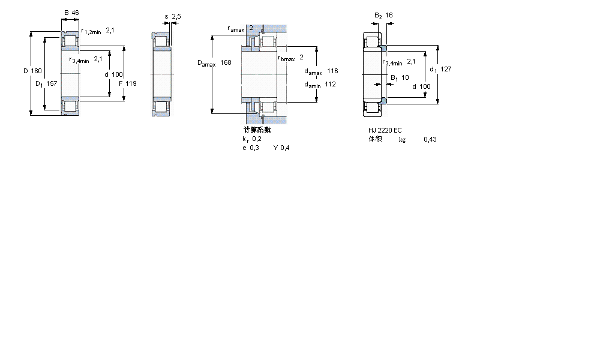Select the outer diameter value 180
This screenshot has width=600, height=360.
(x=37, y=71)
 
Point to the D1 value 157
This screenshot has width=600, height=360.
(x=52, y=83)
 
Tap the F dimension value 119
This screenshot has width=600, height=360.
(x=131, y=83)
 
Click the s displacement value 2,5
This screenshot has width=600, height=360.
(x=176, y=16)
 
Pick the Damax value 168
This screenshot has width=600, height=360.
(x=226, y=62)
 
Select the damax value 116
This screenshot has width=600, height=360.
(x=332, y=71)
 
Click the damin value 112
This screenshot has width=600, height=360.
(x=330, y=85)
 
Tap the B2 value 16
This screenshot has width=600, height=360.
(x=389, y=16)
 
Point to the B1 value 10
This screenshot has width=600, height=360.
(x=405, y=77)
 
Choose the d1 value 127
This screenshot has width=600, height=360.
(x=445, y=69)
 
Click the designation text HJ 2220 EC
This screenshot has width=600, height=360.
(x=385, y=130)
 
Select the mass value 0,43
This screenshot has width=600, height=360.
(x=430, y=139)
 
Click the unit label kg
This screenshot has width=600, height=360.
(x=402, y=139)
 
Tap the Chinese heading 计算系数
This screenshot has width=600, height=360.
(x=257, y=130)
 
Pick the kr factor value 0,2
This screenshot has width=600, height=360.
(x=257, y=139)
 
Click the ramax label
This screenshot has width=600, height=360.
(x=236, y=29)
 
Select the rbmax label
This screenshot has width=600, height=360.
(x=287, y=58)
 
